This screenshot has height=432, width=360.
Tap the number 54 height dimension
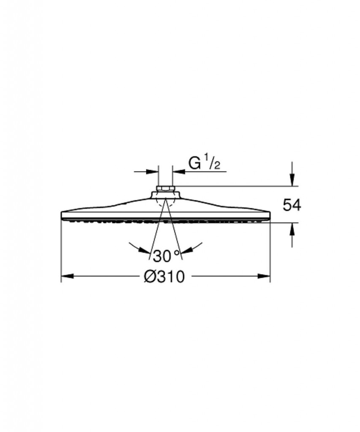(292, 205)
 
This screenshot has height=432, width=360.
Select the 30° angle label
(166, 256)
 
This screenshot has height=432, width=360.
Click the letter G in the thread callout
(195, 163)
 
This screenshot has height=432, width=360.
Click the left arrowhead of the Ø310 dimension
(67, 276)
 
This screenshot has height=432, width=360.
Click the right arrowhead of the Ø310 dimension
(264, 276)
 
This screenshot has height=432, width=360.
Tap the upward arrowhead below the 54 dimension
(292, 229)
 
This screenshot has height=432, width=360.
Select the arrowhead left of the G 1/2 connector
(152, 172)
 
